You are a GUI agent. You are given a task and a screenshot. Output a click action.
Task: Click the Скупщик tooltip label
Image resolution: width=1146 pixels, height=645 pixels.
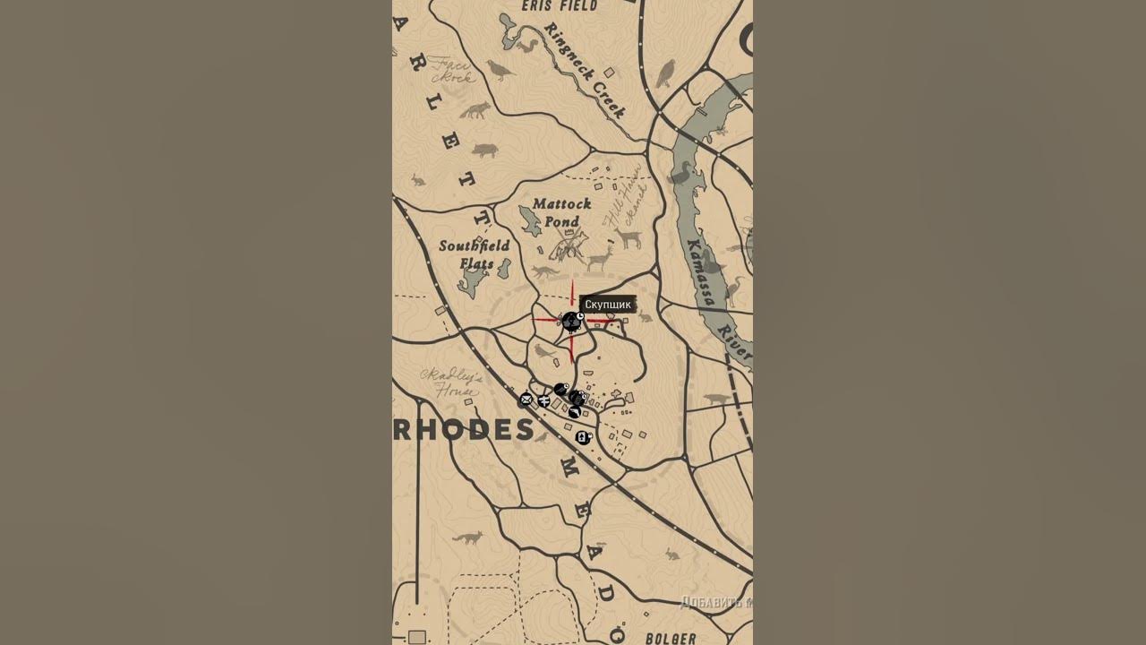608,305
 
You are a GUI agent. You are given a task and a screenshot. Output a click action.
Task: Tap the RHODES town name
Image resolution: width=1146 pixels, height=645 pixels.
464,429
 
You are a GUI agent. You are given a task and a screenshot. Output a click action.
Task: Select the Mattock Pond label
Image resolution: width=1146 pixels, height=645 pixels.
561,213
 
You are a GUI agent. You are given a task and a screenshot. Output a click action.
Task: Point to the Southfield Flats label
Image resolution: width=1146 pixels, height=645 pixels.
475,254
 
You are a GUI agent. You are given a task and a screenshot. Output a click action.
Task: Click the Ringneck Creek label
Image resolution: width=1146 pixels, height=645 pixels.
584,70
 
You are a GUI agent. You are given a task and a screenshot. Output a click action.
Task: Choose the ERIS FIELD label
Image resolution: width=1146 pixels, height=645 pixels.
560,6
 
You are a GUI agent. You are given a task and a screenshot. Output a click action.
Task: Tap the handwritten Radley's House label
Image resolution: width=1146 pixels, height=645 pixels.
451,383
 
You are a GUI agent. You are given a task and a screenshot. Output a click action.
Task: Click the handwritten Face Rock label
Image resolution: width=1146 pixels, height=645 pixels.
453,71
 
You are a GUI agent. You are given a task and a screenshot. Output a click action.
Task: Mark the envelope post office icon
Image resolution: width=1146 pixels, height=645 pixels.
526,400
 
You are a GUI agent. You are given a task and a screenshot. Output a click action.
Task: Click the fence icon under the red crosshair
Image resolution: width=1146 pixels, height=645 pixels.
570,322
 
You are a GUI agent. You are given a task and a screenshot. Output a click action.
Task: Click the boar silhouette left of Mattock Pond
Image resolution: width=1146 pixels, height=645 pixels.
484,150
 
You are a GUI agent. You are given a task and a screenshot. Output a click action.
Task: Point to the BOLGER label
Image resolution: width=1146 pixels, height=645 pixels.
671,638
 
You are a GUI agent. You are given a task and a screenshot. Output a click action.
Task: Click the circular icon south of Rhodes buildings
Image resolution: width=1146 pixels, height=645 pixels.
583,437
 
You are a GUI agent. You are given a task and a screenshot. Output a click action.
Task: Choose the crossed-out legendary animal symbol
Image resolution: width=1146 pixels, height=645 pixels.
568,244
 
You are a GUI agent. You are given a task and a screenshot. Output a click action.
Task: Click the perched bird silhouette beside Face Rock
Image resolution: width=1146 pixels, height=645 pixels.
498,69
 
